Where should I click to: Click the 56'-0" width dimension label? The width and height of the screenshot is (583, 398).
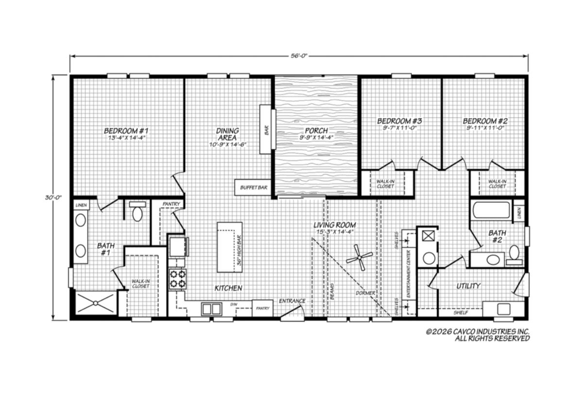(x=299, y=56)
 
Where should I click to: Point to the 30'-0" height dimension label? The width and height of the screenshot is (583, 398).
(x=53, y=198)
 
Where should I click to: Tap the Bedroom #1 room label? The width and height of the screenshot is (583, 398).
(x=126, y=130)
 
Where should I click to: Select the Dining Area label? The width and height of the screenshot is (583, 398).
(x=227, y=134)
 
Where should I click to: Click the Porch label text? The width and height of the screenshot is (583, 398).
(x=316, y=130)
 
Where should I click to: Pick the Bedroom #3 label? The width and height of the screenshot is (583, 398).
(x=399, y=121)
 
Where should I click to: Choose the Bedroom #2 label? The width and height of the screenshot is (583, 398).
(x=485, y=121)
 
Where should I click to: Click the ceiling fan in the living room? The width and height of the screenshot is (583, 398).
(x=360, y=257)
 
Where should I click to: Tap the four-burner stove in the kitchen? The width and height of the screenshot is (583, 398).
(x=178, y=279)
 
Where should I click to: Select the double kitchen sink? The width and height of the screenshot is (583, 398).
(x=212, y=309)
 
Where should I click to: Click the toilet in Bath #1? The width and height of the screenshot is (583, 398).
(x=137, y=211)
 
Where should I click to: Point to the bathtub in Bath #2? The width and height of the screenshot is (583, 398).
(x=491, y=210)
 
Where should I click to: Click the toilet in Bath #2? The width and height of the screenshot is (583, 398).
(x=514, y=255)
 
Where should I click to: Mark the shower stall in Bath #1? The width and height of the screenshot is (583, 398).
(x=96, y=303)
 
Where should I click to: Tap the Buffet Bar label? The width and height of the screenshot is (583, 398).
(x=254, y=187)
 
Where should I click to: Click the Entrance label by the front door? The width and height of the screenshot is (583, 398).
(x=292, y=301)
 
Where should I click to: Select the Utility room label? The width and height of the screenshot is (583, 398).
(x=468, y=286)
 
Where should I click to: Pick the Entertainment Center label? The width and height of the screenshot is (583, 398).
(x=409, y=274)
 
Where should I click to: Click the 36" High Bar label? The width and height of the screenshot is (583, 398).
(x=239, y=251)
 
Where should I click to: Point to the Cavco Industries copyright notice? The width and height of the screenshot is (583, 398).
(x=478, y=335)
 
